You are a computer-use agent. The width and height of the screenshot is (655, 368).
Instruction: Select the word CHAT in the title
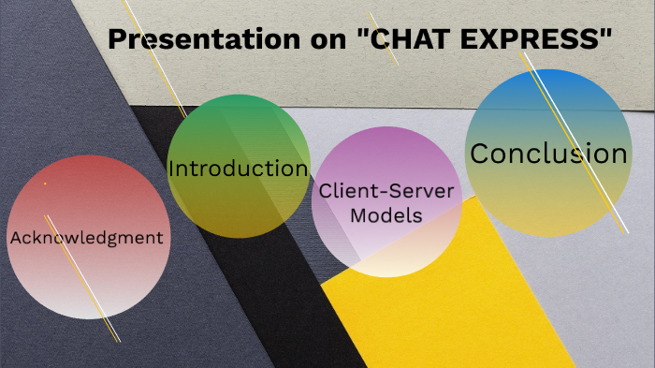pyautogui.click(x=400, y=39)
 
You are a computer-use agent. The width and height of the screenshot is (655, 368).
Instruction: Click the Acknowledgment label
pyautogui.click(x=86, y=238)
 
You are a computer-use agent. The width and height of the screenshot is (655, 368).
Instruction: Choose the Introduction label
pyautogui.click(x=238, y=169)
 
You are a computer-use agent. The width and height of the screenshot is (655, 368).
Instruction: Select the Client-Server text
pyautogui.click(x=386, y=191)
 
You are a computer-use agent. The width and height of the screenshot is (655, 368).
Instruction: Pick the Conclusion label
pyautogui.click(x=547, y=154)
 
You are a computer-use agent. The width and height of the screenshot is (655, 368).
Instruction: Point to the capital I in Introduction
pyautogui.click(x=172, y=169)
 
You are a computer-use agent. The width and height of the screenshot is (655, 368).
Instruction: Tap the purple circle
pyautogui.click(x=386, y=248)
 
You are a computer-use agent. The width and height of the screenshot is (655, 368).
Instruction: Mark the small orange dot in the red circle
pyautogui.click(x=44, y=184)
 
